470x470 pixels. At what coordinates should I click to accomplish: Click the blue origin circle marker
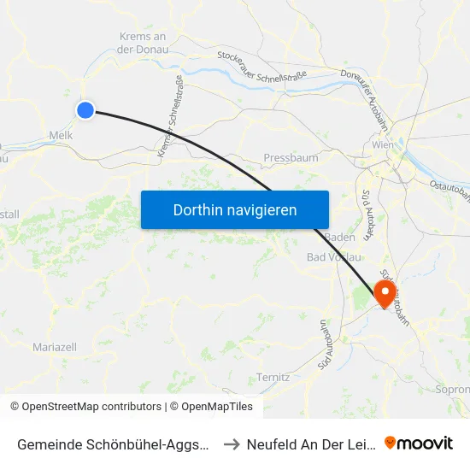[85, 109]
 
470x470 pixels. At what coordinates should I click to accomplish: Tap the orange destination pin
[385, 294]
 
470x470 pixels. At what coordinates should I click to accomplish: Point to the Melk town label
[61, 135]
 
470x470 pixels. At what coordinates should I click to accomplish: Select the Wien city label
[382, 146]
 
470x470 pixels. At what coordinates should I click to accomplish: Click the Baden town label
[339, 237]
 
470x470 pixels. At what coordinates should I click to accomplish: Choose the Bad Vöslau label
[333, 257]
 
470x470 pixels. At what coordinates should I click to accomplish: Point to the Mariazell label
[54, 347]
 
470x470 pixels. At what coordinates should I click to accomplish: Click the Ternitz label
[273, 377]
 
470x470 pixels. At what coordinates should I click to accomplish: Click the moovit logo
[418, 444]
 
